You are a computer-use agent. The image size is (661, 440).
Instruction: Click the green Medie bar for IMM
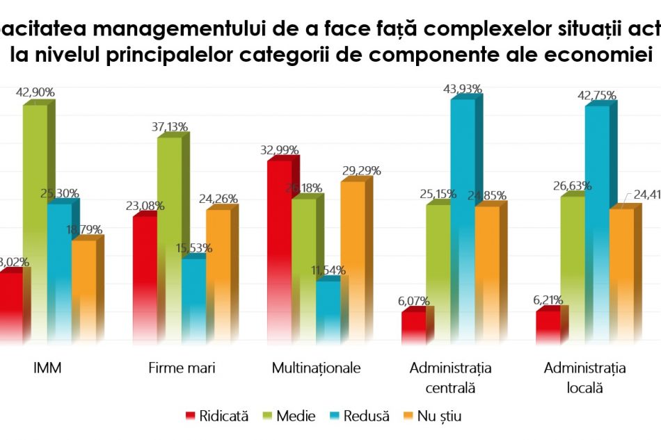click(35, 222)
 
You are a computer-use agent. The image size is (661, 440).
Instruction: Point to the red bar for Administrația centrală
click(413, 327)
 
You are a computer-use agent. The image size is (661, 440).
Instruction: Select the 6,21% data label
click(548, 300)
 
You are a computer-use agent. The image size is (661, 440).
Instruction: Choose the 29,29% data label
click(360, 170)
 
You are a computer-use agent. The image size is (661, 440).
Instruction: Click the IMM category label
click(47, 368)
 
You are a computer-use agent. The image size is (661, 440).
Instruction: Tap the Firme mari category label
click(182, 368)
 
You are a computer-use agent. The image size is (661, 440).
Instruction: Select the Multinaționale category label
click(317, 368)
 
